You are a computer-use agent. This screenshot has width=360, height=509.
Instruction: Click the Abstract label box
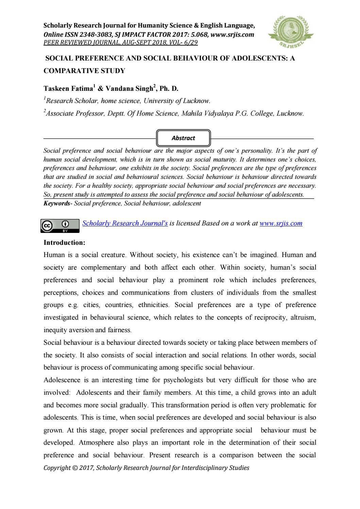[x=183, y=138]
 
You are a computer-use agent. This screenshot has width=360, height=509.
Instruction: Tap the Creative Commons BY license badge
[x=60, y=226]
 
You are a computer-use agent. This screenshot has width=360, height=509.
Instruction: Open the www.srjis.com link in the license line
[x=281, y=223]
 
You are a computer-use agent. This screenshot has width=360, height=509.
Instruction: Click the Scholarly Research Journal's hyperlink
[x=125, y=223]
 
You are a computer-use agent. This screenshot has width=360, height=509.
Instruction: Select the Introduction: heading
[x=64, y=243]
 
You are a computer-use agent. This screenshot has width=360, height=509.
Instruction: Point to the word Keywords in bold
[x=56, y=203]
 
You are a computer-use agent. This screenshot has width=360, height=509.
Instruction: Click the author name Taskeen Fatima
[x=68, y=89]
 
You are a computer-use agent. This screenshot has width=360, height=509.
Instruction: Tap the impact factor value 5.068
[x=200, y=34]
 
